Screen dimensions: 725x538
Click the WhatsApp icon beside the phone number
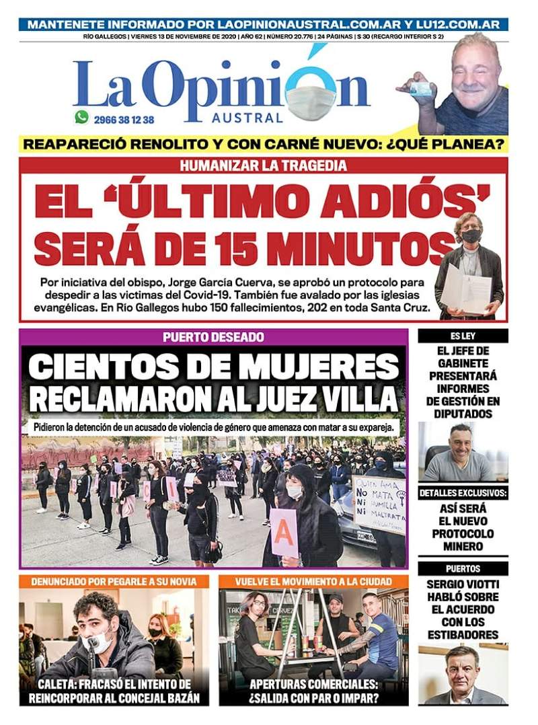pos(82,118)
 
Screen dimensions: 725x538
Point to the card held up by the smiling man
pos(421,88)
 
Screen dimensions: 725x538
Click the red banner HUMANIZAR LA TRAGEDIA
pos(263,165)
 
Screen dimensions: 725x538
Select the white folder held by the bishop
pos(465,287)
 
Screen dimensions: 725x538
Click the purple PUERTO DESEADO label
pos(213,337)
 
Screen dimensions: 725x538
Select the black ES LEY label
pos(463,336)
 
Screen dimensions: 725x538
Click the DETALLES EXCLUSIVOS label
pos(463,493)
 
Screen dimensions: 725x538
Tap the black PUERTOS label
pos(463,568)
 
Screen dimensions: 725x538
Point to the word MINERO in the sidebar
pos(463,547)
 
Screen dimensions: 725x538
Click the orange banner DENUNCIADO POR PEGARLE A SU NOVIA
pos(114,580)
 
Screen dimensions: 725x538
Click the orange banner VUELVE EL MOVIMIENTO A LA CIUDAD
pos(313,580)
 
